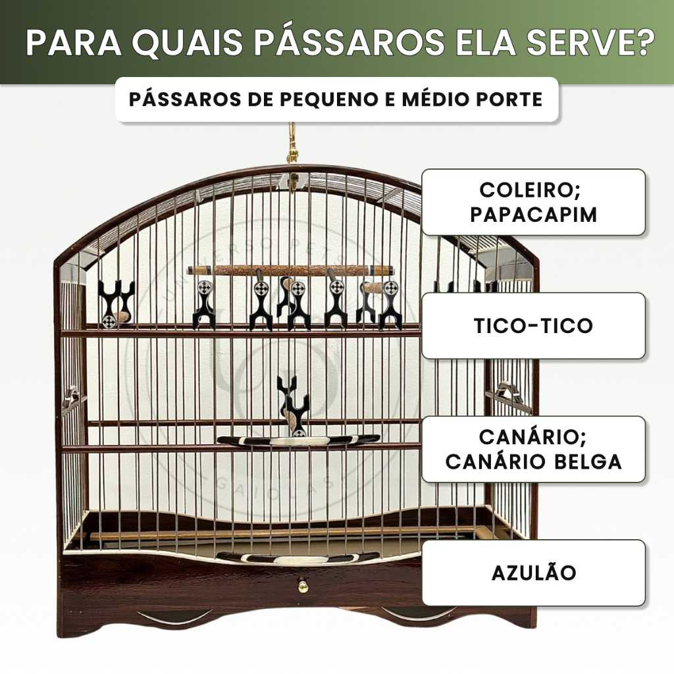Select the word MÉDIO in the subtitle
pos(442,99)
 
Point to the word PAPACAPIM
pos(533,215)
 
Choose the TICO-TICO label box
pos(533,326)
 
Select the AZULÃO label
pos(533,573)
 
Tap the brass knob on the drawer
pos(303,584)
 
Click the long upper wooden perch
pos(290,270)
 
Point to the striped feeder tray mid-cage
pos(298,440)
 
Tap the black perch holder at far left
pos(115,303)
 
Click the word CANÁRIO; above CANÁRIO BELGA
pos(533,437)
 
